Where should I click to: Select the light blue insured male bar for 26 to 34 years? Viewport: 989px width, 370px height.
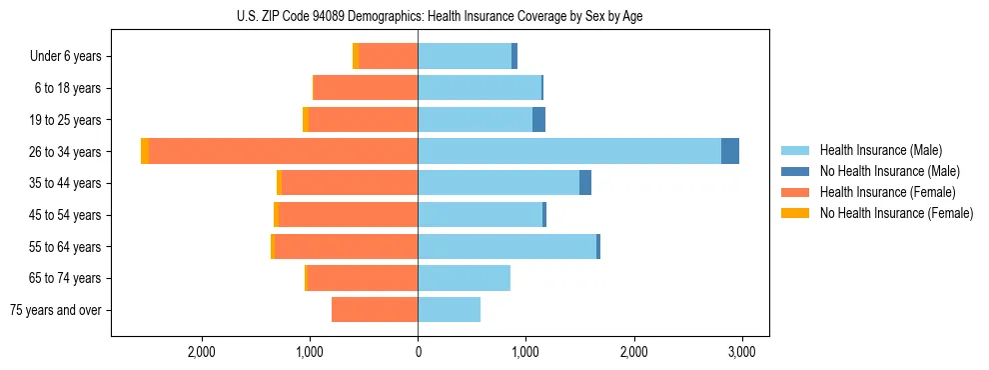click(x=569, y=151)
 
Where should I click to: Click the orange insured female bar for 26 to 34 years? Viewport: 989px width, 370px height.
click(x=283, y=151)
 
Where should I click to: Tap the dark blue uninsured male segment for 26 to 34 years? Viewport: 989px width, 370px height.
click(x=730, y=151)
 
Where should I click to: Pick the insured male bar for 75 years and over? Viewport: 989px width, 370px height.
click(x=449, y=310)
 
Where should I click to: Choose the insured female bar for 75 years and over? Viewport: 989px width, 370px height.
click(x=375, y=310)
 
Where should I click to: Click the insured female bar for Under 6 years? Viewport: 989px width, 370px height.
click(x=388, y=56)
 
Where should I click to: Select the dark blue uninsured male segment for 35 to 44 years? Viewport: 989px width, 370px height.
click(x=585, y=183)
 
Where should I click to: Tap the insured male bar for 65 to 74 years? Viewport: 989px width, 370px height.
click(x=464, y=278)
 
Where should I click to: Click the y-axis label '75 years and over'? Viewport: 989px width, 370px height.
click(x=56, y=310)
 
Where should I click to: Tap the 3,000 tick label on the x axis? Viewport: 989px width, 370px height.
click(x=740, y=352)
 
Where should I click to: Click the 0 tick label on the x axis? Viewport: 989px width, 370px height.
click(x=418, y=352)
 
